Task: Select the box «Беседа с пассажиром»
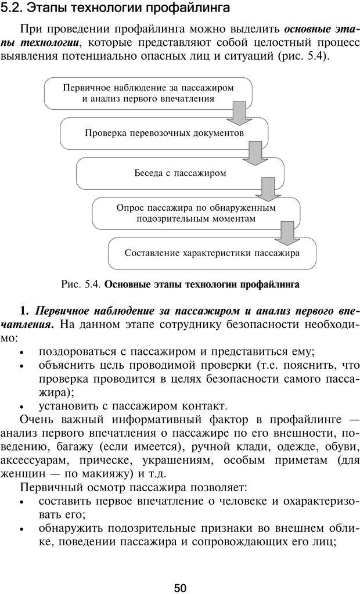[x=180, y=173]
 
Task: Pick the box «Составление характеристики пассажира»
[x=212, y=253]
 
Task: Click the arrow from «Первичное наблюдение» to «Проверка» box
[x=236, y=114]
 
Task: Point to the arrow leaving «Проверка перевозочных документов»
[x=253, y=154]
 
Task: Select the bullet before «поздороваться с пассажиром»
[x=21, y=353]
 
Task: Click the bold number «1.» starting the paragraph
[x=24, y=309]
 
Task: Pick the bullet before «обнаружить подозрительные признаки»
[x=21, y=530]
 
